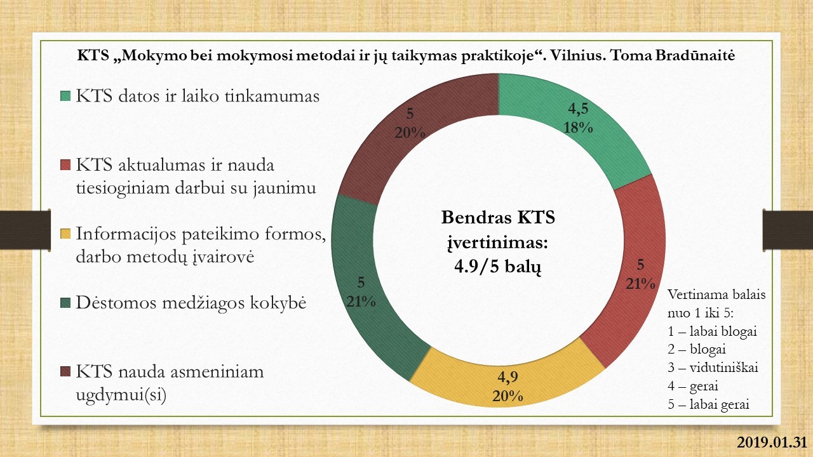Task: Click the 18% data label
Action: pos(578,128)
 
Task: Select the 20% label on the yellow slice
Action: pos(507,396)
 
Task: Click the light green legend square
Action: pos(65,96)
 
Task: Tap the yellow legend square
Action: pos(65,234)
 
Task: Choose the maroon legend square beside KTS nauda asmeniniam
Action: pos(65,371)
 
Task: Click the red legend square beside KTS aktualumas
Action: pos(65,165)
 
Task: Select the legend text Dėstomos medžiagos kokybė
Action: pos(191,303)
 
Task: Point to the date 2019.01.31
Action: pos(770,442)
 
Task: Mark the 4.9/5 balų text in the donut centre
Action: pos(497,268)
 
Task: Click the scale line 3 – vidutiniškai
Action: pos(713,368)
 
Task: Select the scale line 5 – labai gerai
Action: pos(708,404)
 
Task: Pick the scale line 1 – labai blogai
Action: pos(712,331)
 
